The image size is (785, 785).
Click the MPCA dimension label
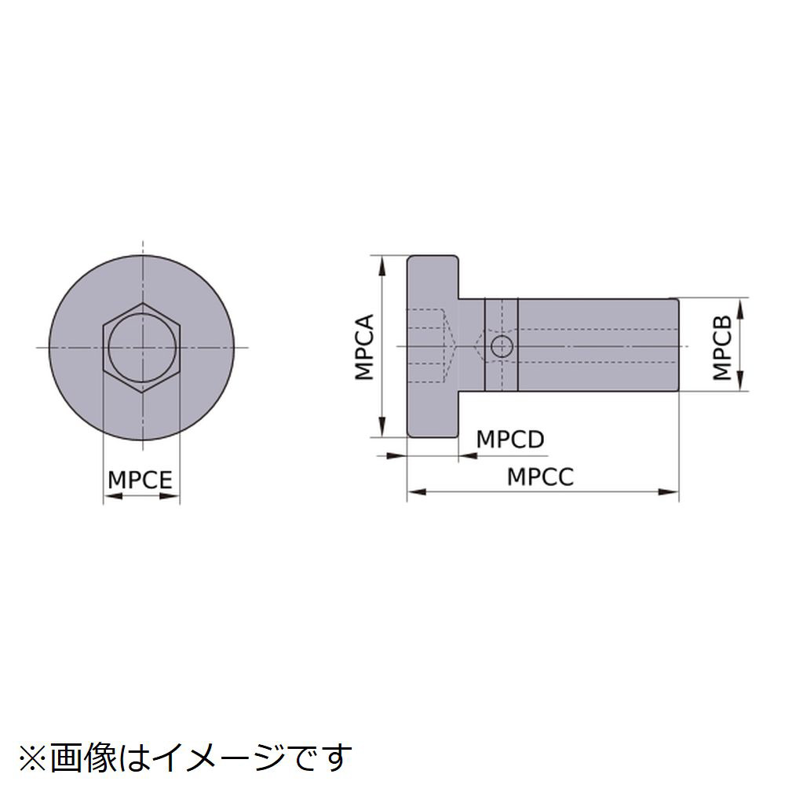[365, 346]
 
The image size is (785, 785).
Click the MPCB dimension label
[722, 346]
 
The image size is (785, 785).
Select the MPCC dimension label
[540, 476]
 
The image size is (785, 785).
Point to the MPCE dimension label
[141, 480]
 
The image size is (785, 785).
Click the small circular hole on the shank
[501, 346]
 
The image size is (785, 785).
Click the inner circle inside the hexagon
[142, 346]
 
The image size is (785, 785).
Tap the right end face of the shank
[677, 345]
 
